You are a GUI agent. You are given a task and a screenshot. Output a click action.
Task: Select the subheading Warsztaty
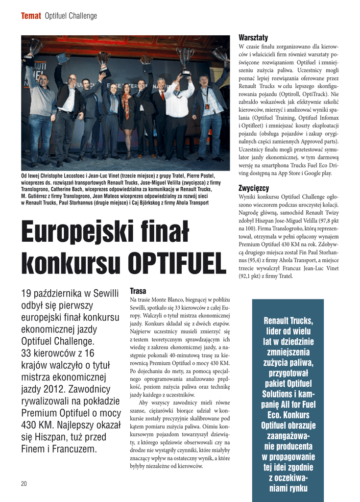pos(253,38)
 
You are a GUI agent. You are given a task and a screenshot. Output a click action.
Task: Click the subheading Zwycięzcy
pos(253,188)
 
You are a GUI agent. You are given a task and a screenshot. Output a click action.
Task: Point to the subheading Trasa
pos(138,291)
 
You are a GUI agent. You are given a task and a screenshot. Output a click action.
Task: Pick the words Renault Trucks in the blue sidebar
pos(288,321)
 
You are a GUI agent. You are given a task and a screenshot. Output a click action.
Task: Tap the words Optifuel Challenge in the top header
pos(71,16)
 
